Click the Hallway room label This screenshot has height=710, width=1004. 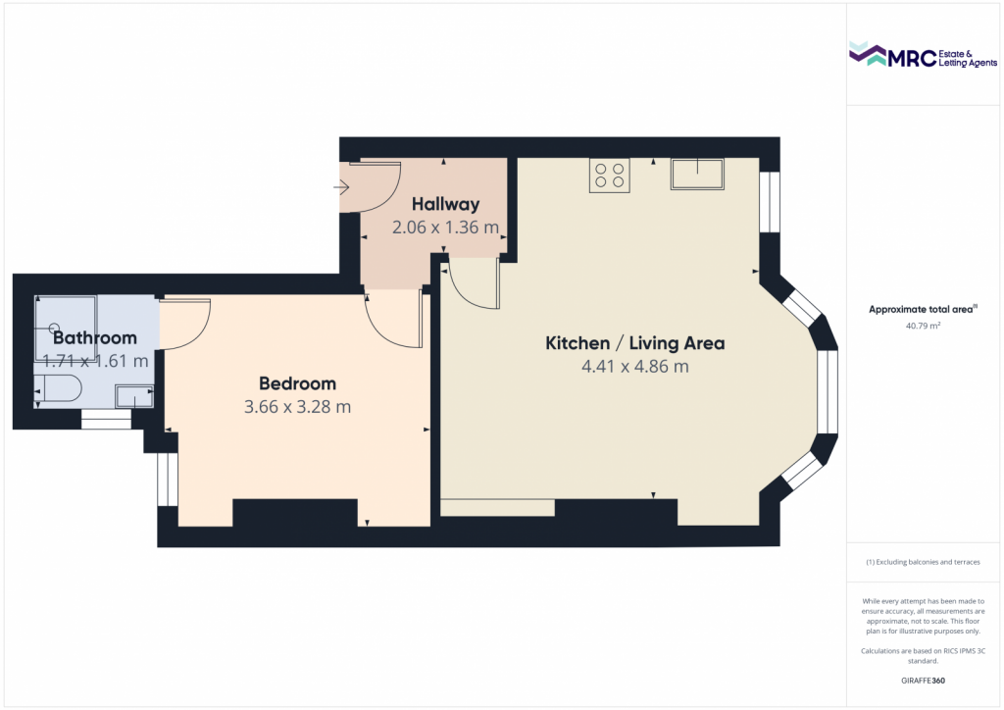pyautogui.click(x=446, y=204)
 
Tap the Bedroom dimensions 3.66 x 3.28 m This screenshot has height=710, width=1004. pyautogui.click(x=298, y=407)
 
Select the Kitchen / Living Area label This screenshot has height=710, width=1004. pyautogui.click(x=635, y=343)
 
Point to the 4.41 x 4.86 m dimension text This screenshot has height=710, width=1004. pyautogui.click(x=635, y=366)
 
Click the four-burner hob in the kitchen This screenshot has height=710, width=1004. pyautogui.click(x=610, y=175)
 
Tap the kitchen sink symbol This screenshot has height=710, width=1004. pyautogui.click(x=697, y=175)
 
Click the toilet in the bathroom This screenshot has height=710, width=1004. pyautogui.click(x=58, y=388)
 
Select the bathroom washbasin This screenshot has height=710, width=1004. pyautogui.click(x=134, y=396)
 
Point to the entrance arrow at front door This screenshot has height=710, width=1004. pyautogui.click(x=341, y=187)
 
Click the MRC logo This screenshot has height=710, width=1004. pyautogui.click(x=923, y=55)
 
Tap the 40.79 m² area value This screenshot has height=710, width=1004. pyautogui.click(x=923, y=326)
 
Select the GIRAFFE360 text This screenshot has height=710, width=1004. pyautogui.click(x=923, y=681)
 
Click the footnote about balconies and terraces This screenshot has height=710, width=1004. pyautogui.click(x=923, y=562)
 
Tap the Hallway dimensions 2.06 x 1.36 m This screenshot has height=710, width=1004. pyautogui.click(x=446, y=228)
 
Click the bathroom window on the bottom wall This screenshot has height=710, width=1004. pyautogui.click(x=106, y=420)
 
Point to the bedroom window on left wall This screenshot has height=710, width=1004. pyautogui.click(x=168, y=480)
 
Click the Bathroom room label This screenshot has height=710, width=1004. pyautogui.click(x=95, y=338)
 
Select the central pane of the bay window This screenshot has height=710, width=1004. pyautogui.click(x=828, y=392)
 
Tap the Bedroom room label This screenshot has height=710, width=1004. pyautogui.click(x=298, y=383)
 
